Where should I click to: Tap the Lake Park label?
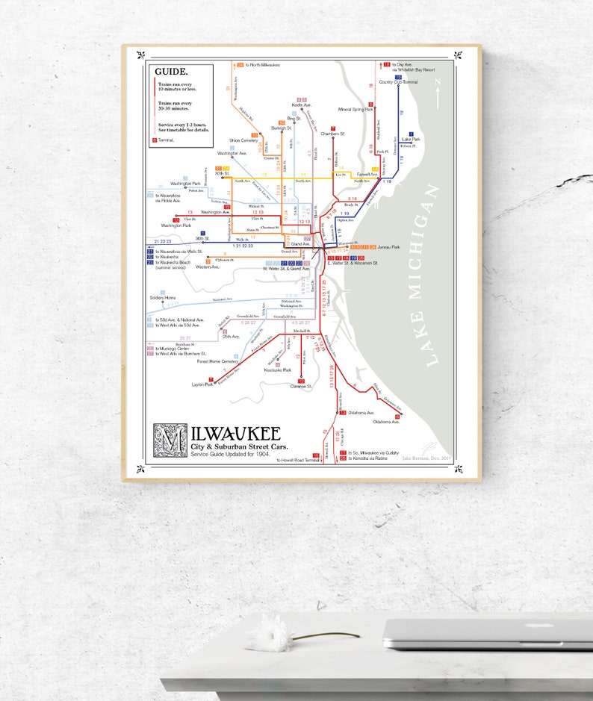(x=412, y=139)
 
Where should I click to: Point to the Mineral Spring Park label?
(x=356, y=109)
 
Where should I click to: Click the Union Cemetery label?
(x=243, y=140)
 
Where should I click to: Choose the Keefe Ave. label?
(x=301, y=105)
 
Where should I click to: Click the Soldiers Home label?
(x=162, y=297)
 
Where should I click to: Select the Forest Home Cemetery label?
(x=217, y=361)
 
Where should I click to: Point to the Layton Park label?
(x=203, y=384)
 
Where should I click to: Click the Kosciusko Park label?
(x=277, y=370)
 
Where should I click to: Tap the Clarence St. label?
(x=301, y=387)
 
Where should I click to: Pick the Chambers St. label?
(x=332, y=134)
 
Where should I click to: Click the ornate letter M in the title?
(x=166, y=440)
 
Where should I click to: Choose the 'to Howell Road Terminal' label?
(x=298, y=461)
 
